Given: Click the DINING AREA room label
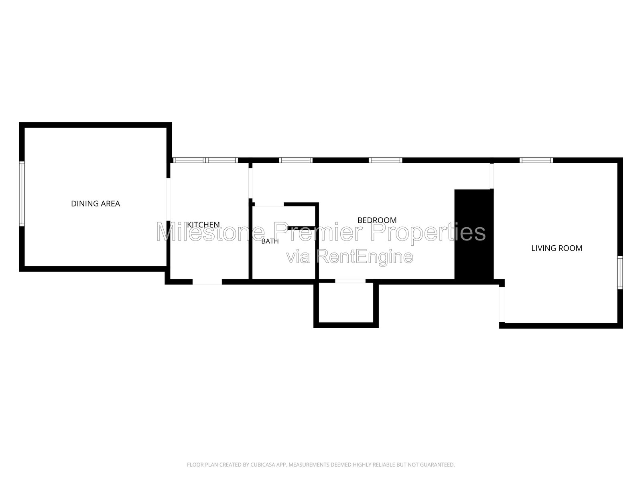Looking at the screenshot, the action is (95, 204).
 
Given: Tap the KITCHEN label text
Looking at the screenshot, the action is (203, 224).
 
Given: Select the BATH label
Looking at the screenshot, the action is (270, 241).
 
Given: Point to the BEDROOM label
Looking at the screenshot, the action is (377, 220).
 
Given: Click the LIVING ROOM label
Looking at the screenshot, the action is (557, 248).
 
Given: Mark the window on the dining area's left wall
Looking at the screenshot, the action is (22, 194).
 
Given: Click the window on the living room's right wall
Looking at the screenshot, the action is (620, 273).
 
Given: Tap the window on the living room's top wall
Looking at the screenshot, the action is (536, 160).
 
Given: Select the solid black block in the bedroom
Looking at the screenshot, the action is (474, 234).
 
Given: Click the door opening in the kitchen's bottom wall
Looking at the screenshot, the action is (207, 282).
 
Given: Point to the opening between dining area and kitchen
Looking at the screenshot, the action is (168, 199).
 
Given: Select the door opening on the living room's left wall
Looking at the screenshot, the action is (502, 305).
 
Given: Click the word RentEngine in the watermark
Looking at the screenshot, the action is (365, 257).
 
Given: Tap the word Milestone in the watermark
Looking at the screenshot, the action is (211, 232).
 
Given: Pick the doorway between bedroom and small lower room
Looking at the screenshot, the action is (350, 281).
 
